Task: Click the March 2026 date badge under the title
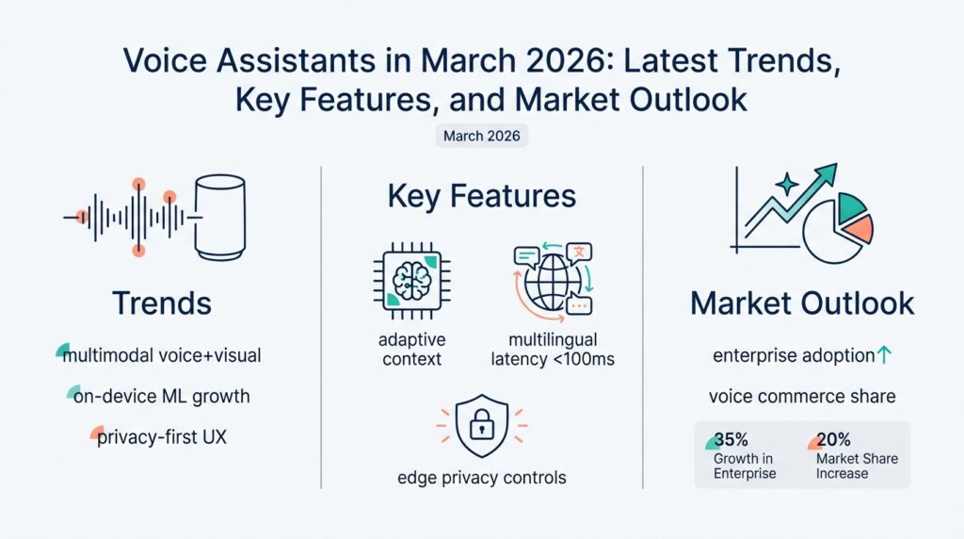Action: [x=482, y=136]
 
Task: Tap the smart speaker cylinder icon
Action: [x=219, y=218]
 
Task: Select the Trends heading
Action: [x=161, y=302]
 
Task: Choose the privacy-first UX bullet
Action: [x=163, y=437]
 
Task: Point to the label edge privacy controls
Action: [x=482, y=478]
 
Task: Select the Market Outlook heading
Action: [x=802, y=303]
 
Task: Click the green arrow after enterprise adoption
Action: [x=883, y=355]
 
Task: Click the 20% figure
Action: [x=833, y=440]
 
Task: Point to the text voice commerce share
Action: [x=802, y=396]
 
